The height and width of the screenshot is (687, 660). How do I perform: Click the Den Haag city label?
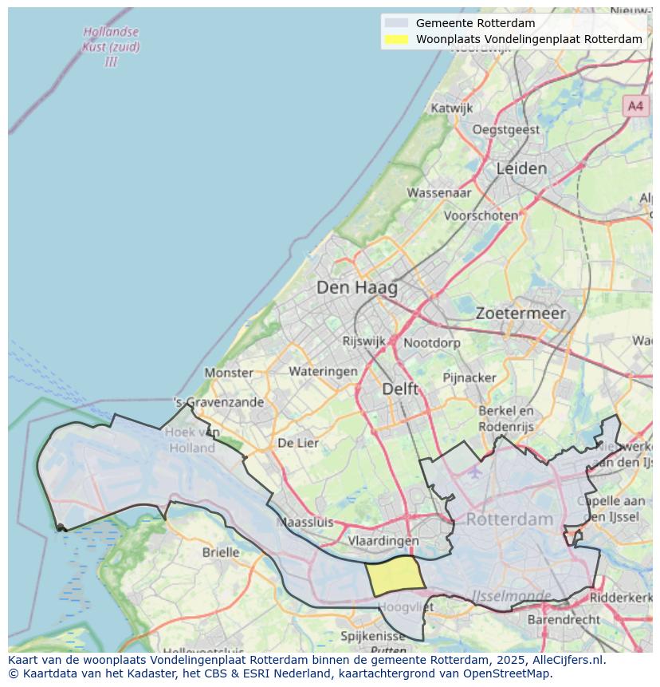click(x=356, y=287)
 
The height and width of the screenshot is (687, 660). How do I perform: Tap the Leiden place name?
click(x=521, y=168)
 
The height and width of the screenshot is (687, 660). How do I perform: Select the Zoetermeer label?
click(x=521, y=314)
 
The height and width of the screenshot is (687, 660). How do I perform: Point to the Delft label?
click(x=400, y=389)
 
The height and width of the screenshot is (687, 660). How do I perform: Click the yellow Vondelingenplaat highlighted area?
click(x=395, y=576)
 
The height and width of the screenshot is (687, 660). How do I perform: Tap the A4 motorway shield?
click(x=635, y=105)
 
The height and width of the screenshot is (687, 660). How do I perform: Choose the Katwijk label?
click(x=451, y=108)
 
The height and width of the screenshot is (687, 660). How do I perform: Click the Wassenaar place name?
click(x=439, y=192)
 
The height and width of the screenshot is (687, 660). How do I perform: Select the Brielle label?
click(x=221, y=552)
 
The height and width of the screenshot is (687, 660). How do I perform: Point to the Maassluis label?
click(x=304, y=523)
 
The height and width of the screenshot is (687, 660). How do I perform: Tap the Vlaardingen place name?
click(x=383, y=541)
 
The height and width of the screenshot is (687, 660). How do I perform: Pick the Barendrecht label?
click(x=564, y=619)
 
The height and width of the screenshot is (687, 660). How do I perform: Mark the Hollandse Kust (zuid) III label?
click(x=111, y=46)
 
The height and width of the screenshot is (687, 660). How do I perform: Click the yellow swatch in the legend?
click(x=395, y=39)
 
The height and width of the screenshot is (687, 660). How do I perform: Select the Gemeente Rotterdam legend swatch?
click(x=395, y=23)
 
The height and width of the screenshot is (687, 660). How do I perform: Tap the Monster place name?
click(x=229, y=373)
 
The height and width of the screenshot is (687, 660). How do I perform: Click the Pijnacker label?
click(x=469, y=377)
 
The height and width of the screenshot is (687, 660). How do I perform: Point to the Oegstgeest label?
click(x=506, y=129)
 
